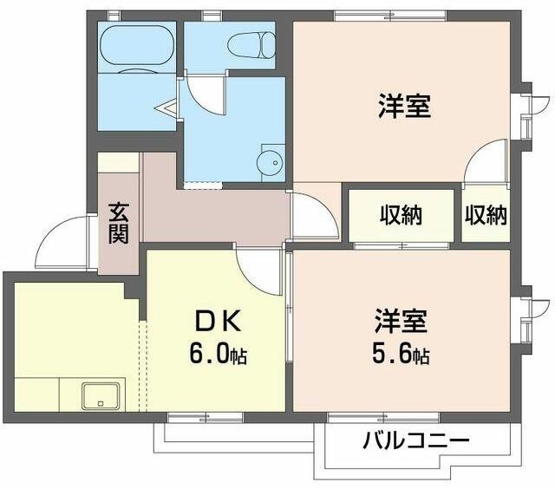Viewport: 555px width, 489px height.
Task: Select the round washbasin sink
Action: point(270,161)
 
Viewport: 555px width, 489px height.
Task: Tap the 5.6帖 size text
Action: point(400,354)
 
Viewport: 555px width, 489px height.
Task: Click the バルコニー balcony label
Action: point(415,440)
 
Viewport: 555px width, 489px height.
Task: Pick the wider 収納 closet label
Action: point(400,214)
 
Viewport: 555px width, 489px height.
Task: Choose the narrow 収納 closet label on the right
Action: point(485,214)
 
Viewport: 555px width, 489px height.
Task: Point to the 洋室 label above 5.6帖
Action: point(400,321)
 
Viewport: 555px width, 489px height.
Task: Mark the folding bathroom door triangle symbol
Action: point(166,109)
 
